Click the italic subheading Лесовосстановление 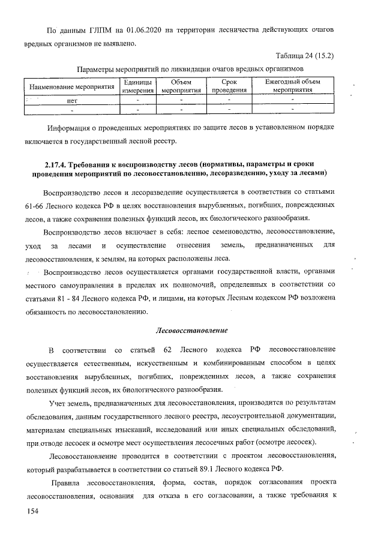[191, 330]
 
